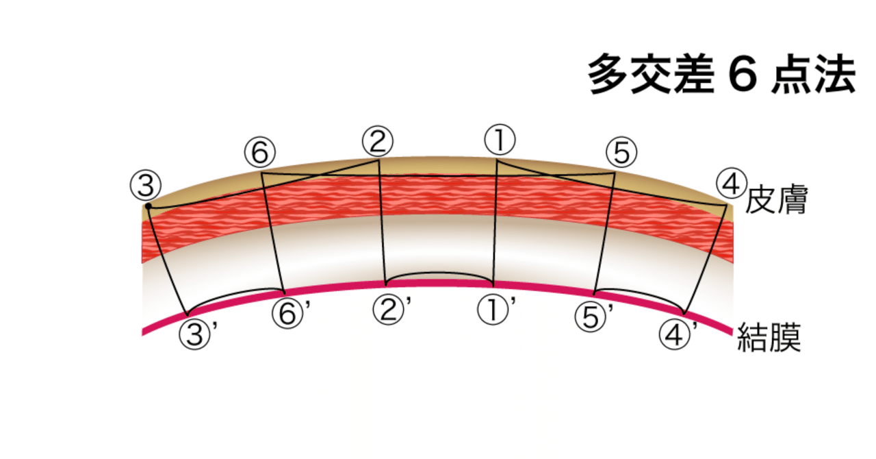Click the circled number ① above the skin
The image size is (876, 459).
[500, 140]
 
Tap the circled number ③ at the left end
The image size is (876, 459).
[145, 184]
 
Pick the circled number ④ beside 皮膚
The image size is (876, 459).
[730, 184]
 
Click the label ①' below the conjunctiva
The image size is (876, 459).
[495, 310]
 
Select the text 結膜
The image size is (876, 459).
[769, 338]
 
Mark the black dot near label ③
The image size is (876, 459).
[148, 205]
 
